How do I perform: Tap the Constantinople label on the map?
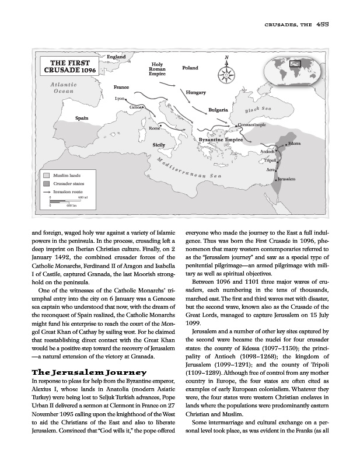tap(252, 124)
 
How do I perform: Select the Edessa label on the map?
tap(294, 144)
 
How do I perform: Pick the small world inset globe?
tap(295, 69)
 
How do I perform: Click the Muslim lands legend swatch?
tap(45, 175)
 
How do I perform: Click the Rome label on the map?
tap(155, 127)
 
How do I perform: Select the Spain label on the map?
tap(82, 119)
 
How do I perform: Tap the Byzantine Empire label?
tap(221, 141)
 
